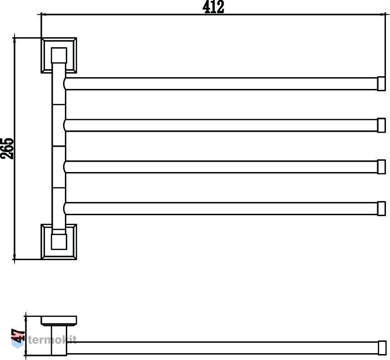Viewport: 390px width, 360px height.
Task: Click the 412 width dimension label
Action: [x=213, y=7]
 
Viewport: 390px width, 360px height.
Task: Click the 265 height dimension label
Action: [x=7, y=148]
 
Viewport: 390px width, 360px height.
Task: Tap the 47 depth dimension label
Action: [x=18, y=335]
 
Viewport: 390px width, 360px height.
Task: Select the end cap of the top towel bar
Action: [x=381, y=84]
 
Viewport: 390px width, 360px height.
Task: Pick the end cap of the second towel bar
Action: [x=381, y=125]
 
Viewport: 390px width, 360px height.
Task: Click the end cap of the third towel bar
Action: [x=381, y=167]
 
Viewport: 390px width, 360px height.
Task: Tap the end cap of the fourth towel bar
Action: [x=381, y=208]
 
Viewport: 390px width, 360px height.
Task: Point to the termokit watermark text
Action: [x=52, y=340]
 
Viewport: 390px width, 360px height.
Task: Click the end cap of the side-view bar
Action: [x=382, y=348]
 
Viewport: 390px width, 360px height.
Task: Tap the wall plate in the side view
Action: [x=59, y=321]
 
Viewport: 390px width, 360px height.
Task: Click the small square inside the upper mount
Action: [x=59, y=55]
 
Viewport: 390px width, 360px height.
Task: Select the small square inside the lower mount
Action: [x=59, y=242]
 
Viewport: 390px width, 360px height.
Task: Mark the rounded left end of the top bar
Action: [x=65, y=84]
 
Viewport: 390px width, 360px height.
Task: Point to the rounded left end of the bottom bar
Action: [x=65, y=208]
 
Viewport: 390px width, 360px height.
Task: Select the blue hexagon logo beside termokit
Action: [x=17, y=341]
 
